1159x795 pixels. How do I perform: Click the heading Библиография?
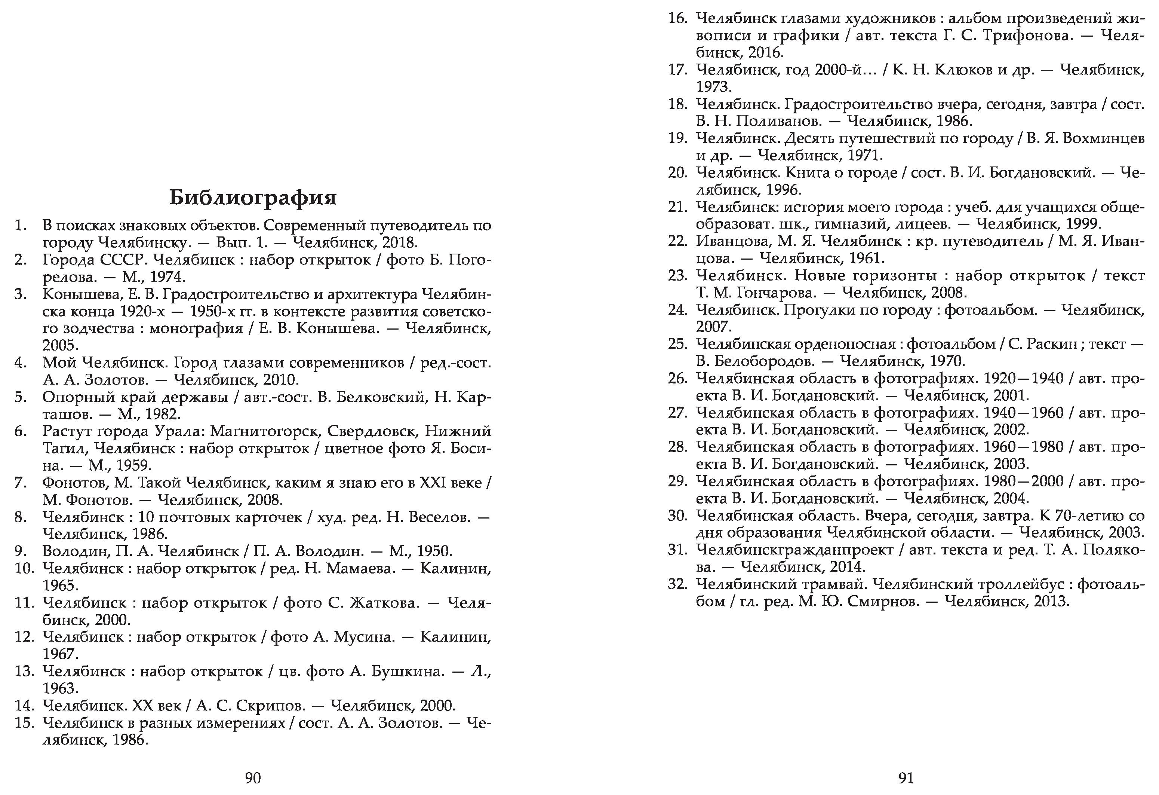[253, 198]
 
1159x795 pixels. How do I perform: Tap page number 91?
[906, 777]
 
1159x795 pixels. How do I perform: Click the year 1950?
[433, 551]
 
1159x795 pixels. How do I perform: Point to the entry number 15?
[24, 723]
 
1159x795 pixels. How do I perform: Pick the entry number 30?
[678, 516]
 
